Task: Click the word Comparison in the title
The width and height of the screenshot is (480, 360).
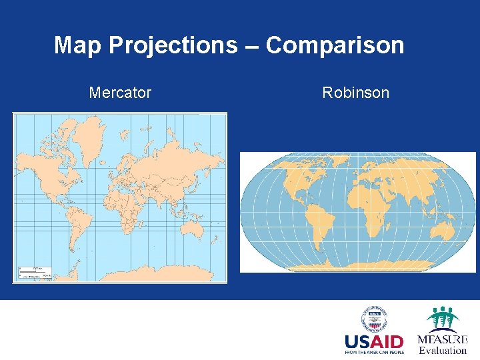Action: click(x=335, y=45)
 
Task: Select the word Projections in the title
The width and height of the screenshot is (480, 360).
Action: click(x=172, y=45)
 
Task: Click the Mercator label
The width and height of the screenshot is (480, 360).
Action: click(x=120, y=93)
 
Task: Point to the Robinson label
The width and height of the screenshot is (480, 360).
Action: click(x=355, y=93)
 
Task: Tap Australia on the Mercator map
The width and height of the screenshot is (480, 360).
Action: click(x=195, y=230)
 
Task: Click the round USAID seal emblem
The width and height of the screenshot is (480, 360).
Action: click(x=374, y=319)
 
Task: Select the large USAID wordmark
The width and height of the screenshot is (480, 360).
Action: click(x=374, y=341)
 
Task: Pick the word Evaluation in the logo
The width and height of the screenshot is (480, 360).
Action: click(x=443, y=350)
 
